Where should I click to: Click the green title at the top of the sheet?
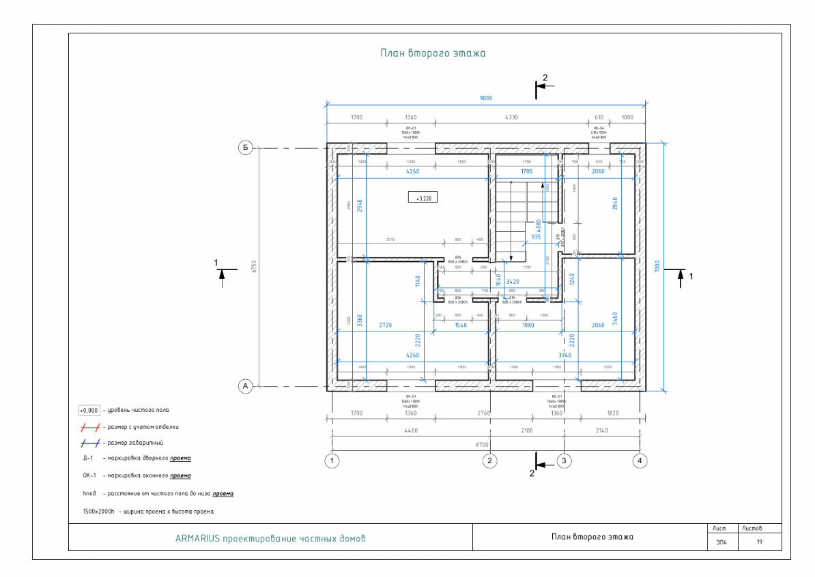(433, 53)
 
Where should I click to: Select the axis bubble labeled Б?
(245, 147)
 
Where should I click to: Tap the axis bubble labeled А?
(245, 387)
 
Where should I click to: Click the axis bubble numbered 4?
(640, 461)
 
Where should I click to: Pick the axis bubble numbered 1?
(332, 461)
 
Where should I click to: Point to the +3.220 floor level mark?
(423, 198)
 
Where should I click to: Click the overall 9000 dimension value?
(485, 98)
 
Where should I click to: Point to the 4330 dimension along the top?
(511, 117)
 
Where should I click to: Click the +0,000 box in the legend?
(89, 411)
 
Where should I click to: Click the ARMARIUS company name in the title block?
(270, 538)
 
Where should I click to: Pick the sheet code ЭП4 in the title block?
(721, 543)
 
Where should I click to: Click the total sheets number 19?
(759, 543)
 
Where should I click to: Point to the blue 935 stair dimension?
(537, 237)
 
